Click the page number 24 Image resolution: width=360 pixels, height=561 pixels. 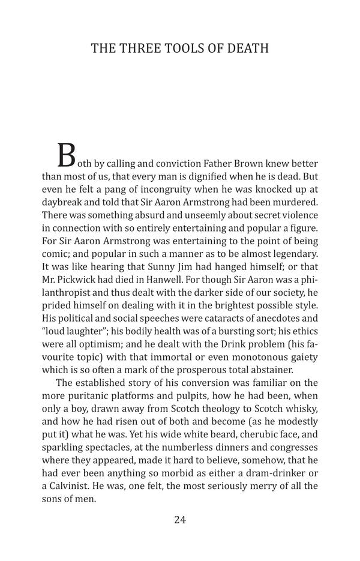tap(180, 520)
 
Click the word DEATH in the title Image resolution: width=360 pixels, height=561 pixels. tap(248, 49)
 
